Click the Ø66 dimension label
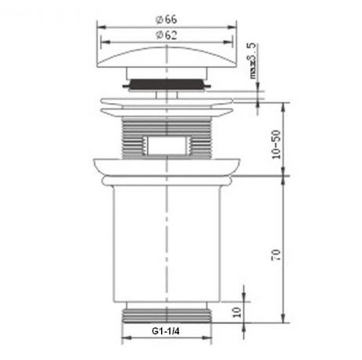167,20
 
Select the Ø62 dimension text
167,35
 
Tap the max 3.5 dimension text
253,61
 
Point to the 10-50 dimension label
277,144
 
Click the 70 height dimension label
276,255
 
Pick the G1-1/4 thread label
166,331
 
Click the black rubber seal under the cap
167,84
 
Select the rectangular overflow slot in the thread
167,145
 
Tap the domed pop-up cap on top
167,57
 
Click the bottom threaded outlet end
167,315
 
